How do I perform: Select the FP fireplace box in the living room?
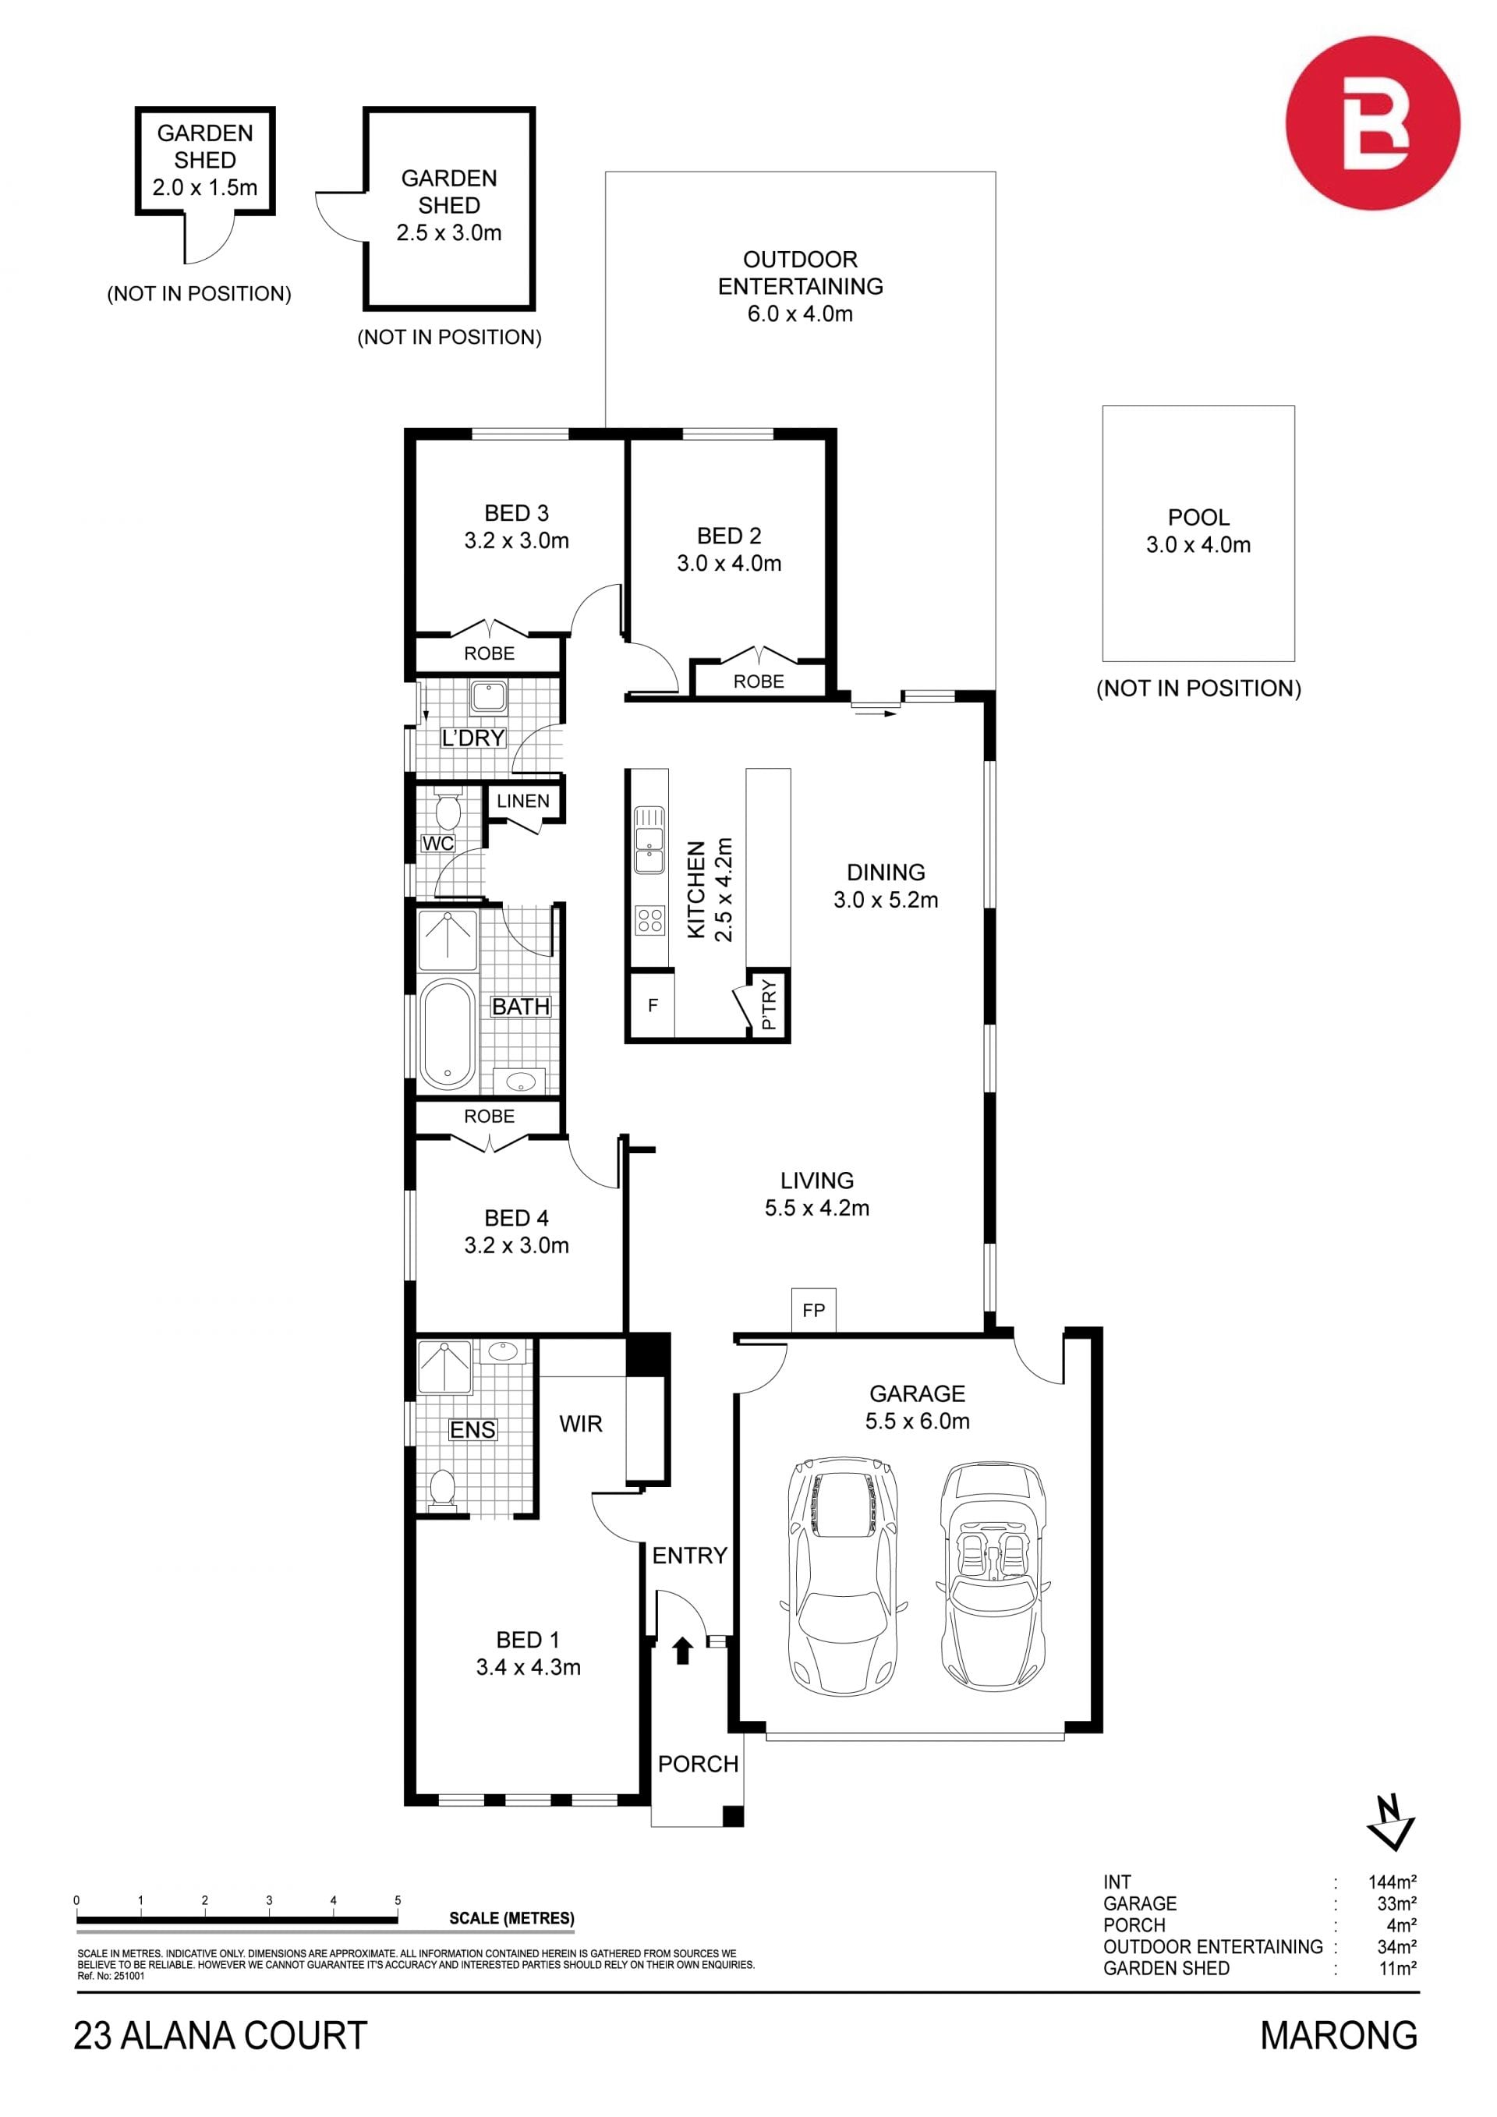[x=813, y=1309]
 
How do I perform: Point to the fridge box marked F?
[x=653, y=1005]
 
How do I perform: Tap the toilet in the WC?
[x=448, y=809]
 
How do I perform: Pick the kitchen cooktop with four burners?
[x=649, y=920]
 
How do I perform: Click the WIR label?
[x=581, y=1424]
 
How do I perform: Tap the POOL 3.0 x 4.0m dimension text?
[x=1198, y=545]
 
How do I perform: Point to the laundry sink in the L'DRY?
[x=487, y=696]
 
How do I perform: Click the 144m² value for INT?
[x=1392, y=1882]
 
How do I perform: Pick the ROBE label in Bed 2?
[x=759, y=681]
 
